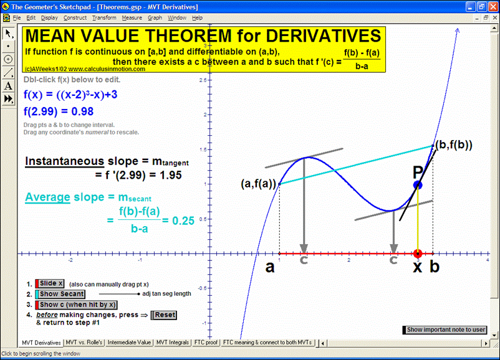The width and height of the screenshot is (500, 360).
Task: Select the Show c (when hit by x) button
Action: pos(77,305)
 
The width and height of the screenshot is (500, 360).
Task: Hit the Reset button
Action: pos(165,315)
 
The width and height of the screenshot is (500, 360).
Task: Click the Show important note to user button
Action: pos(445,329)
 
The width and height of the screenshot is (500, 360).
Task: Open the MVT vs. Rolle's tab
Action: pos(85,343)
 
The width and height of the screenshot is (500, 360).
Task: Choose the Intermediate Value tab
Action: pos(130,343)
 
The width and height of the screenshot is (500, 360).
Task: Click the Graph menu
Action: pos(155,18)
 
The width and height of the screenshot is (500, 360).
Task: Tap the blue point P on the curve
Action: pos(418,184)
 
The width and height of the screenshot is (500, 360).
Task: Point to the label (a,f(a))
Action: pos(257,184)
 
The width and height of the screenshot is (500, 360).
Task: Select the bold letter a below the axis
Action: pos(269,268)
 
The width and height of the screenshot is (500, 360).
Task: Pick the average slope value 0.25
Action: pos(184,220)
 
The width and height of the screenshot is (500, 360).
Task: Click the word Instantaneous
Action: pos(64,162)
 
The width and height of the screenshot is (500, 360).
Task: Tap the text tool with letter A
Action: pos(8,86)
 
